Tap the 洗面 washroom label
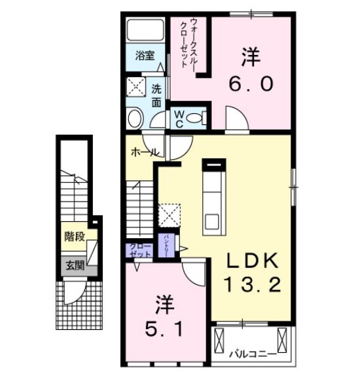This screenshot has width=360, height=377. coord(156,96)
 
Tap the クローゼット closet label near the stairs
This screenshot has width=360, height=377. coord(140,249)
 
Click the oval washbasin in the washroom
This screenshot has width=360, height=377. coord(135,118)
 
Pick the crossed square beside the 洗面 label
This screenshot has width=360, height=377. coord(137,88)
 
